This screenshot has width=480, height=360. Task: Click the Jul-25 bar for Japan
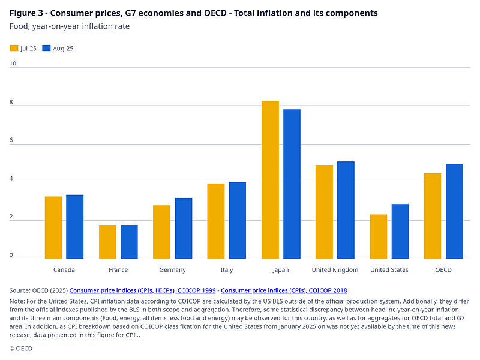(270, 180)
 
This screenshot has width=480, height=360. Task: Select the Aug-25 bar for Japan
(292, 184)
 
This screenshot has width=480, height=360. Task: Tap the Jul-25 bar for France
(107, 242)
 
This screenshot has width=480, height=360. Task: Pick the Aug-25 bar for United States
(400, 232)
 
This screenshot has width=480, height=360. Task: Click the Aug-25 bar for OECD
(454, 211)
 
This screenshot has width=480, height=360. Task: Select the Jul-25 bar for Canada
(53, 227)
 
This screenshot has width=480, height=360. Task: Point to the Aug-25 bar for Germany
(184, 229)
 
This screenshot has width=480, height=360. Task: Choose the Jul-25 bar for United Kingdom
(324, 212)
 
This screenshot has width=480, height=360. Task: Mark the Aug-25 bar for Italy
(238, 220)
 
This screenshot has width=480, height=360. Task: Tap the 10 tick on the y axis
(13, 62)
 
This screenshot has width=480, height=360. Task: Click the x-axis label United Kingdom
(335, 270)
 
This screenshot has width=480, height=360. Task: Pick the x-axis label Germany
(173, 270)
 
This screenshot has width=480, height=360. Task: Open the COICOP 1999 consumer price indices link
(142, 290)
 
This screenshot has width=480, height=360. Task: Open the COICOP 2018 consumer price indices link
(284, 290)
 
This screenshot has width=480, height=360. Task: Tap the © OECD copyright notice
(21, 348)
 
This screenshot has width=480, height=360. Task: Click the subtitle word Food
(19, 26)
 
